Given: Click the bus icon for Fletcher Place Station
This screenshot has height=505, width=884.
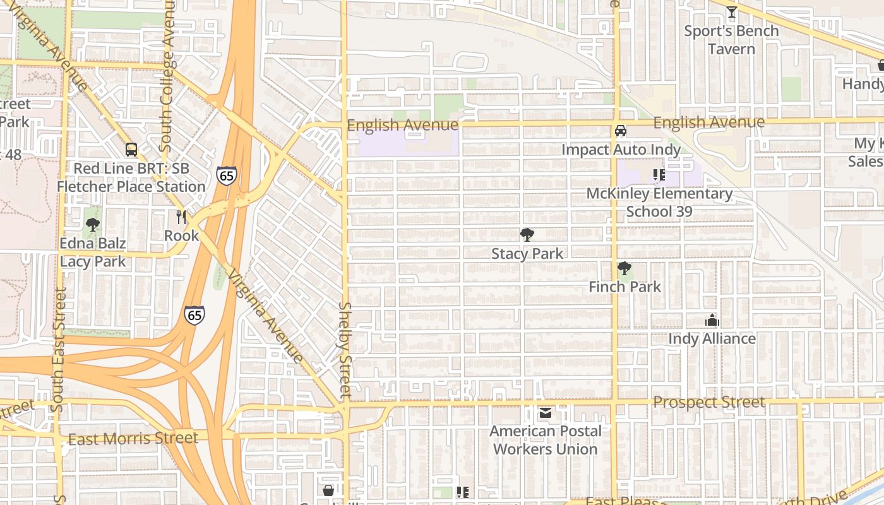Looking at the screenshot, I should coord(131,150).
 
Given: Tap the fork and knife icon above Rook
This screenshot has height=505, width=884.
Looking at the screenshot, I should coord(181,217).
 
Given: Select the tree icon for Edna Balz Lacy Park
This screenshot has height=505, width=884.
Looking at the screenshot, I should coord(93,224).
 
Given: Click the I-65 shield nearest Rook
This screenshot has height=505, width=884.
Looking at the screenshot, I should coord(226,175).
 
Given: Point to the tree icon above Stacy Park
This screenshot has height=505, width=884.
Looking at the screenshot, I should coord(527,235).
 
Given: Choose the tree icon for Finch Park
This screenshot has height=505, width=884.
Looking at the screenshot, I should coord(624,268).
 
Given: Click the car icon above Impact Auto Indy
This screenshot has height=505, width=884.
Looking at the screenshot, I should coord(621,131).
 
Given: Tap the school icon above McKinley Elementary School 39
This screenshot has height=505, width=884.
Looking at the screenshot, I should coord(659,175).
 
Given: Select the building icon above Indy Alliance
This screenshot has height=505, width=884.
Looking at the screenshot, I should coord(712,320).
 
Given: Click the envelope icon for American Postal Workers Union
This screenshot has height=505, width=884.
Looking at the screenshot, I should coord(545,413).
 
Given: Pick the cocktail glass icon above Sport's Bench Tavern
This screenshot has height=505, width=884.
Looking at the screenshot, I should coord(731,12).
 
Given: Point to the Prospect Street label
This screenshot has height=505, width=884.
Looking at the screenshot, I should coord(709,402).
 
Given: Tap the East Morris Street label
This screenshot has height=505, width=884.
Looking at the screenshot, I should coord(133,438).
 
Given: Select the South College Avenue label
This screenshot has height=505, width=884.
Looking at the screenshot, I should coord(167,76).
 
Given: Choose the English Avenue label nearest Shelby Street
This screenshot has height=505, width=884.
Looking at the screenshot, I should coord(403,125).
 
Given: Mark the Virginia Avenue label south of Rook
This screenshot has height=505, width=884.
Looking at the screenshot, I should coord(265,316).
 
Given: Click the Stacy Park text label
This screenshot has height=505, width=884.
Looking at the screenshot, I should coord(527,254).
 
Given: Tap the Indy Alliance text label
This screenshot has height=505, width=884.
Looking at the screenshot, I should coord(712,339).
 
